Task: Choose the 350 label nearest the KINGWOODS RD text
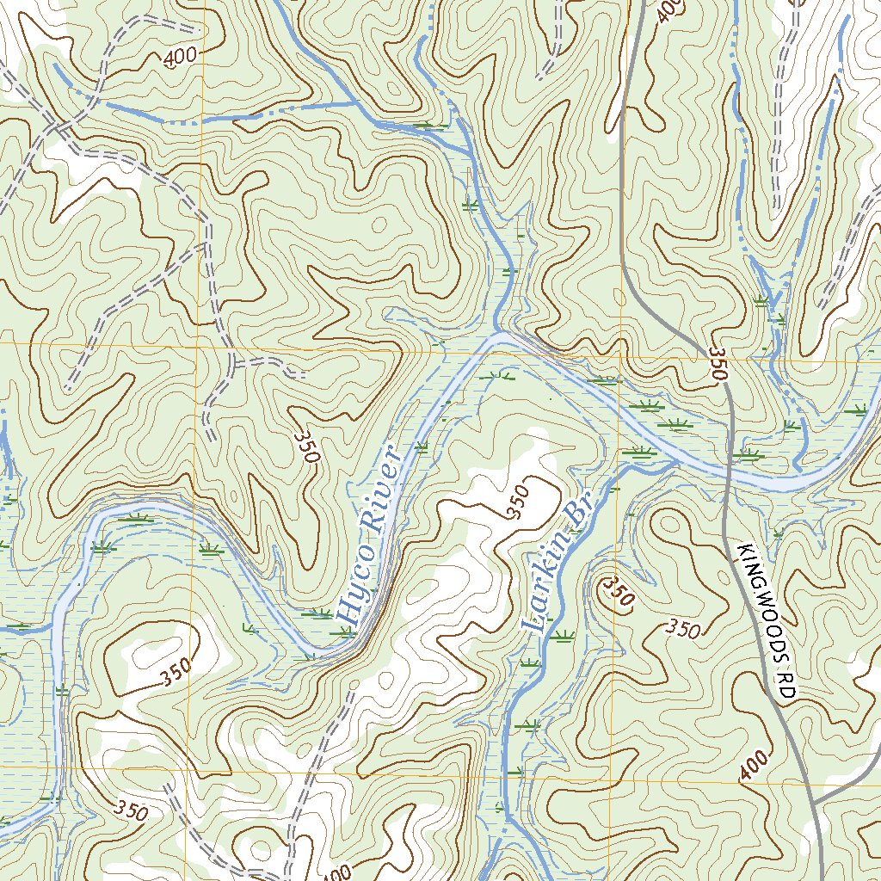pos(683,630)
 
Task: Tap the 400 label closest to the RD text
pos(753,766)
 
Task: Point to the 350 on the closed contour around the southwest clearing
pos(174,676)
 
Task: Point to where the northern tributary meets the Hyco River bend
pos(497,332)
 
